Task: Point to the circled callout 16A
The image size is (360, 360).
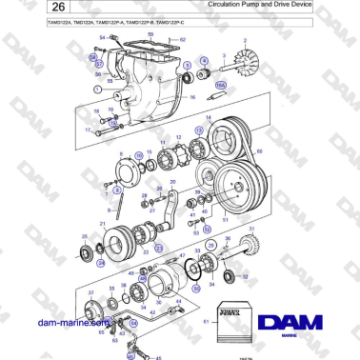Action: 220,86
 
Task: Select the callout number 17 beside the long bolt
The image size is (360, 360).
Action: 88,129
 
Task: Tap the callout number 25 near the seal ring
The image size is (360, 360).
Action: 85,237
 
